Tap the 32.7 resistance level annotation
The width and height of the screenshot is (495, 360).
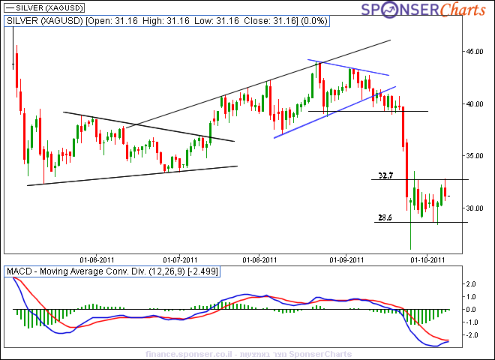pos(386,175)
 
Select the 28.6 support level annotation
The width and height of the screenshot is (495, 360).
pos(385,217)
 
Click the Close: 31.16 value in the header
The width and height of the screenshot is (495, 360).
pos(248,21)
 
